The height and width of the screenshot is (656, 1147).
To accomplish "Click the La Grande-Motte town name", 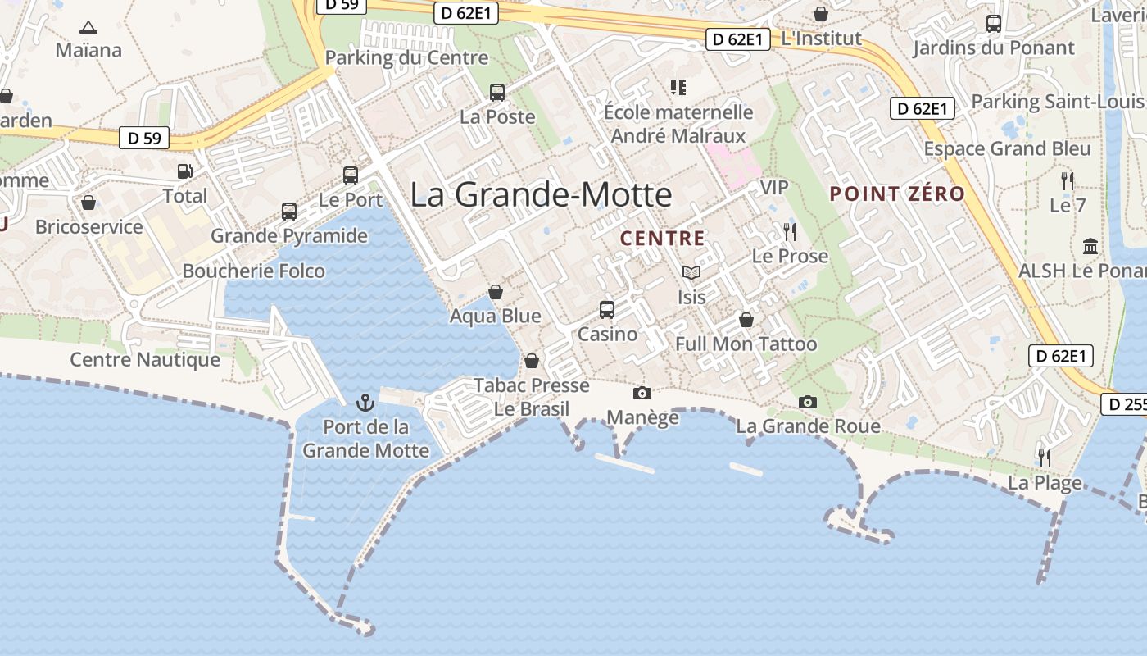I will tap(541, 195).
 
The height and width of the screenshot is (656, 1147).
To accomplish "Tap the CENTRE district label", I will tap(662, 239).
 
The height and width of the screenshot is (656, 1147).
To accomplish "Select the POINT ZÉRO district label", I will tap(897, 194).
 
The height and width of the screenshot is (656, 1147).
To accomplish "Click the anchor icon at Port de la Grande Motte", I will tap(365, 403).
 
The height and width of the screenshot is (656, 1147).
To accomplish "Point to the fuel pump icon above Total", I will tap(185, 171).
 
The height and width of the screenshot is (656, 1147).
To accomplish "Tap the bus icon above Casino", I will tap(606, 310).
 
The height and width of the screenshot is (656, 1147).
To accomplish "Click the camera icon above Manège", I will tap(642, 394).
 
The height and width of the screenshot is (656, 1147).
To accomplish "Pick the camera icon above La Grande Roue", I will tap(808, 402).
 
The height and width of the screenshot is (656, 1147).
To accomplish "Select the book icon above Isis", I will tap(691, 272).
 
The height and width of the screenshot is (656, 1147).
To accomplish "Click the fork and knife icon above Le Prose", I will tap(790, 232).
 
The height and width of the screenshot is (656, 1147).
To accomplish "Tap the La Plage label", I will tap(1045, 483).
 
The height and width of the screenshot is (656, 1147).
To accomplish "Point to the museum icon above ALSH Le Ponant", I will tap(1090, 246).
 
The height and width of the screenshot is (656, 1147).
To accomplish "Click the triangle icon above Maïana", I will tap(88, 27).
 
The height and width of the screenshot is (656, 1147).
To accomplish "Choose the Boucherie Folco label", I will tap(253, 271).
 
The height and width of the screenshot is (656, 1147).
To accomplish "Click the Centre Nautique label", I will tap(145, 359).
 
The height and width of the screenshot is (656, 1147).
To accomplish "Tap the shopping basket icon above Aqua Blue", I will tap(496, 292).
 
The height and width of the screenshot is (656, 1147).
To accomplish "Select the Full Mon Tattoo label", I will tap(746, 344).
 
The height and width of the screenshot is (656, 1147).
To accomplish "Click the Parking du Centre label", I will tap(406, 57).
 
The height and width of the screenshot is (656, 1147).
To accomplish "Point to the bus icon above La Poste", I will tap(497, 93).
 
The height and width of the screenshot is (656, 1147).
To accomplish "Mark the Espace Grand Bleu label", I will tap(1007, 148).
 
